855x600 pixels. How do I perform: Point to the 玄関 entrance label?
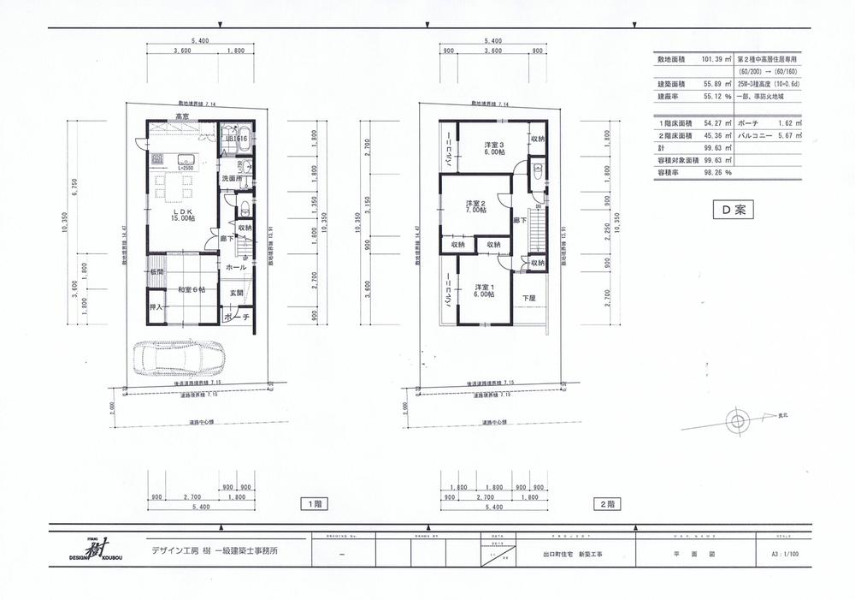click(x=236, y=293)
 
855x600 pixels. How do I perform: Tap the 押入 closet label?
click(x=156, y=306)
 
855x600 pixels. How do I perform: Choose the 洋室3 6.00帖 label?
click(x=482, y=148)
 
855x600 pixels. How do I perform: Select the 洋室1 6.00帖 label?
click(x=484, y=289)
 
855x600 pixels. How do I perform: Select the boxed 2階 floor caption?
click(x=607, y=504)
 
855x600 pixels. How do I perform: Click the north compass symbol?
click(x=737, y=419)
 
